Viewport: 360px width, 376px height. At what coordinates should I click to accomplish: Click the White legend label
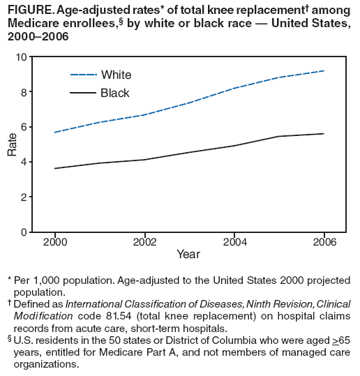[x=116, y=75]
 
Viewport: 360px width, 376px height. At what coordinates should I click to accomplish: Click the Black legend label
[x=115, y=93]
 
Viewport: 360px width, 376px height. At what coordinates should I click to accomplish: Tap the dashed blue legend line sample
[x=82, y=75]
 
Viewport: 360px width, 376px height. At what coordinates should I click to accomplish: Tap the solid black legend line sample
[x=82, y=93]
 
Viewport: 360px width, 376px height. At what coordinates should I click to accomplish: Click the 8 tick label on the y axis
[x=25, y=91]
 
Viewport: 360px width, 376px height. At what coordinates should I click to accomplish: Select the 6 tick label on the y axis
[x=25, y=127]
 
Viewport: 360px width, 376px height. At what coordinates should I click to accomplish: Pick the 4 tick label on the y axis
[x=25, y=162]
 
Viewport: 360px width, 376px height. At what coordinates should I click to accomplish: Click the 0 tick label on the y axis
[x=25, y=232]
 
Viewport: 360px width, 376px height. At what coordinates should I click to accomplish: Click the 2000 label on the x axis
[x=54, y=241]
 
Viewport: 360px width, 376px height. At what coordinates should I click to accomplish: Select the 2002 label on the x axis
[x=144, y=241]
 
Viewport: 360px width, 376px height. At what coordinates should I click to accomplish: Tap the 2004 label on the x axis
[x=234, y=241]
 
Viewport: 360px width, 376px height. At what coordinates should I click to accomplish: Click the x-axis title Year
[x=188, y=255]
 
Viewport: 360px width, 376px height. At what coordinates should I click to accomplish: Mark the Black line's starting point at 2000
[x=54, y=168]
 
